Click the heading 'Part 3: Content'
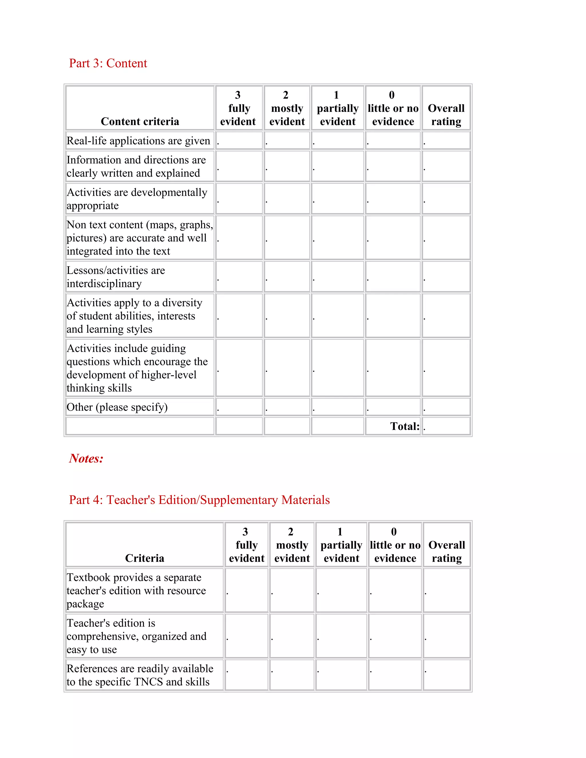[x=108, y=63]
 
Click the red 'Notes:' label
[x=86, y=459]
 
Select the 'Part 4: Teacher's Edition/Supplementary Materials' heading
[x=199, y=500]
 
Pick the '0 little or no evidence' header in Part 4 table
[x=395, y=545]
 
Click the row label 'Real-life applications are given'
[x=138, y=140]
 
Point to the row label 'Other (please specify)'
[x=117, y=407]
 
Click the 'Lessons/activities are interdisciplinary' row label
[x=116, y=277]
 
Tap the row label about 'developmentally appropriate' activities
[x=137, y=199]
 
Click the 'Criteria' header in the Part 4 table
[x=144, y=558]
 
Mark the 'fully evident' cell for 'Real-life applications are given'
[x=239, y=140]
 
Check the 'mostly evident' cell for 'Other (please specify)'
[x=287, y=407]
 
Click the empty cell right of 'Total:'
[x=446, y=426]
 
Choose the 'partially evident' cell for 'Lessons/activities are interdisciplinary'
[x=337, y=277]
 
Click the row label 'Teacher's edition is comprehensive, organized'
[x=136, y=636]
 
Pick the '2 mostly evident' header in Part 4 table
[x=292, y=545]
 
